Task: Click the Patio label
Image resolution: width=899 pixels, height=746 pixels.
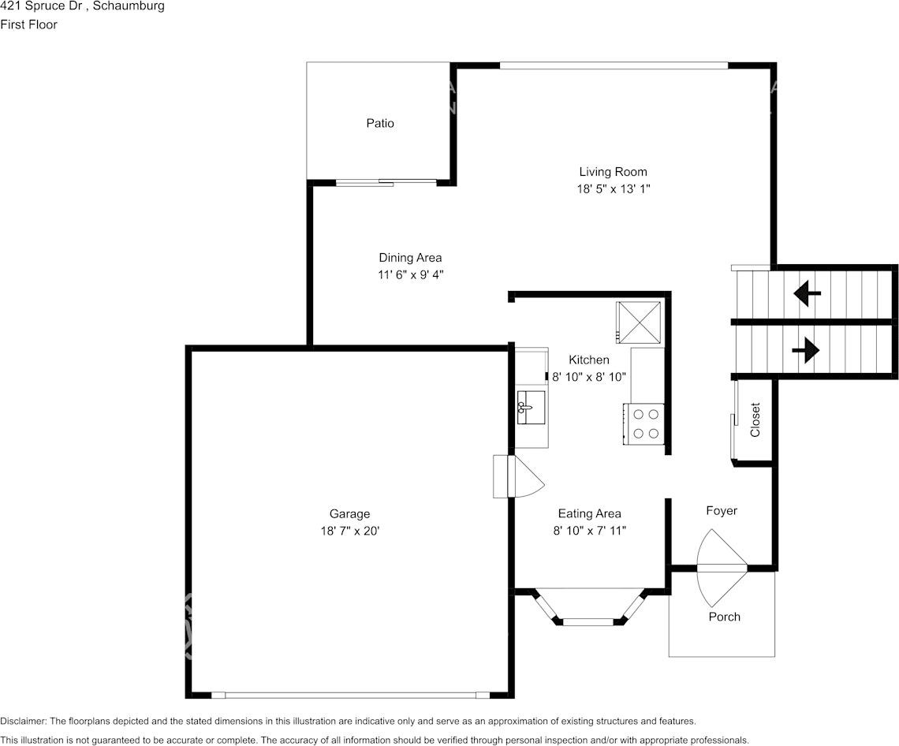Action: [379, 123]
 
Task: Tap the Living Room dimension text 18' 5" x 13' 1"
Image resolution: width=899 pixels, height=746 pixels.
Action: [613, 189]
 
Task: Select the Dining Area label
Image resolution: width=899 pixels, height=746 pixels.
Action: [410, 258]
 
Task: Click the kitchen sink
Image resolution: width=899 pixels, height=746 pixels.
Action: [532, 408]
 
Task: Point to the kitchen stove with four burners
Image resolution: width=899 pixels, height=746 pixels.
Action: [645, 423]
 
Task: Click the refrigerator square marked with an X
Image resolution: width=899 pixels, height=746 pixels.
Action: [640, 323]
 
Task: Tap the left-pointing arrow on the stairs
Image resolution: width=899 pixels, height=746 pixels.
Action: [807, 294]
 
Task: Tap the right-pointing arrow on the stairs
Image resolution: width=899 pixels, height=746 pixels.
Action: [806, 349]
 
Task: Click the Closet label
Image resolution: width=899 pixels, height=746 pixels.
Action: [755, 420]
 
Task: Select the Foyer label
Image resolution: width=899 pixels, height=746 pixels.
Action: [721, 511]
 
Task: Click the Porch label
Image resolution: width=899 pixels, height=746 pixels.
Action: [724, 617]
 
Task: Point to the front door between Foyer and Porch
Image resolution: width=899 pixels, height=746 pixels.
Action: [722, 567]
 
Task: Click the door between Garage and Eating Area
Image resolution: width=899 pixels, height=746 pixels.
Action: [516, 476]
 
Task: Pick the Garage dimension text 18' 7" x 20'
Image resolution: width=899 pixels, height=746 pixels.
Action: [349, 532]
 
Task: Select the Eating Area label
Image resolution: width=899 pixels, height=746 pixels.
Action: [589, 513]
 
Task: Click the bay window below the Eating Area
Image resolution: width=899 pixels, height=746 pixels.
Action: [588, 621]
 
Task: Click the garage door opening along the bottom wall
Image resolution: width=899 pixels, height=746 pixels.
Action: [350, 695]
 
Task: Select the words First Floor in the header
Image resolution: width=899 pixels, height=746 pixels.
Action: [29, 24]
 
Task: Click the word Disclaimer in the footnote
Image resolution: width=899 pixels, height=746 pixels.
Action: [23, 721]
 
